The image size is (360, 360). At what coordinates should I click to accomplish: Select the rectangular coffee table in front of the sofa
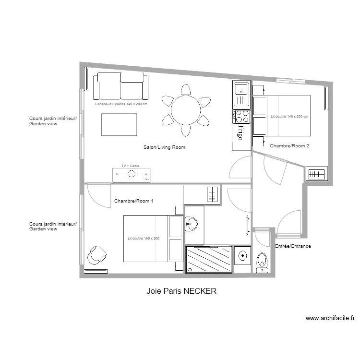click(x=119, y=124)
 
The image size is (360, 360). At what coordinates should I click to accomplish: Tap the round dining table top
click(x=185, y=109)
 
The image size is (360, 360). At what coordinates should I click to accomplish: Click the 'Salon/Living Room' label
click(x=164, y=147)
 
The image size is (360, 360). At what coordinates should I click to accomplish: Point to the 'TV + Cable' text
click(x=130, y=166)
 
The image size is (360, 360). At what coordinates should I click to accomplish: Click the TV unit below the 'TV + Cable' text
click(x=131, y=175)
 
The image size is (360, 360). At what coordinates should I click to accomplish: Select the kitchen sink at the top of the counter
click(x=240, y=89)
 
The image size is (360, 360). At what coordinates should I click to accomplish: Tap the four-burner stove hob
click(x=241, y=117)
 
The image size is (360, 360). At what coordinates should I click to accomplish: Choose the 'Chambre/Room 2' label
click(x=289, y=145)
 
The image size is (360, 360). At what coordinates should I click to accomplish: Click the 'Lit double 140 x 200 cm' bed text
click(x=289, y=117)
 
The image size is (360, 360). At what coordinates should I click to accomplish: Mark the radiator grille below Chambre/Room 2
click(x=316, y=174)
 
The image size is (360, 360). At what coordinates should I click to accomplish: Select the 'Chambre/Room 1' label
click(x=134, y=201)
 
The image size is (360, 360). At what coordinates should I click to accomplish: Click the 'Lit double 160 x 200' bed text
click(x=143, y=239)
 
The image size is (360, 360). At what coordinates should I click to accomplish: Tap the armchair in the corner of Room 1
click(x=97, y=255)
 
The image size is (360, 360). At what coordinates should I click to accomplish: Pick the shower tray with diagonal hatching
click(x=208, y=260)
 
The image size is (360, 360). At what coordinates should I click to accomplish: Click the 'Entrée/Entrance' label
click(x=293, y=246)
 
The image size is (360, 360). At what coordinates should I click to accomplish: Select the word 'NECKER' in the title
click(x=200, y=291)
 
